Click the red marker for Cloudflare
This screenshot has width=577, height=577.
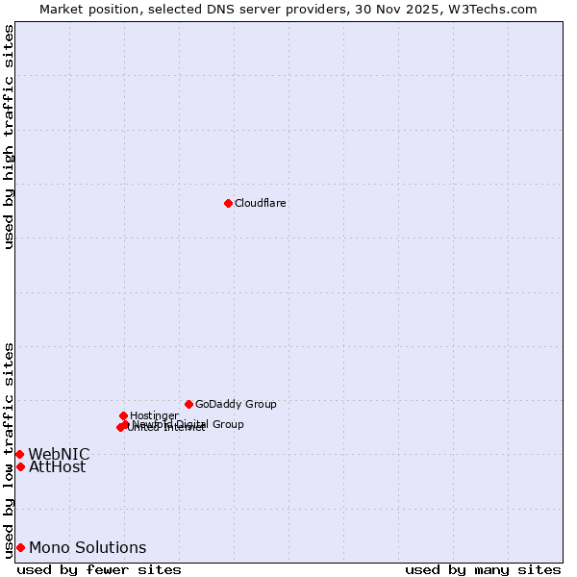[x=228, y=203]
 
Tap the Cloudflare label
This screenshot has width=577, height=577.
[x=260, y=203]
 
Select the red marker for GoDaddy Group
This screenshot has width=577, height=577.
[x=188, y=404]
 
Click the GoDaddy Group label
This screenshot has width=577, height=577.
[x=236, y=404]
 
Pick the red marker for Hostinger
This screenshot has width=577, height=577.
[x=123, y=415]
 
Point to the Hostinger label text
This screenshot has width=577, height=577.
[x=154, y=415]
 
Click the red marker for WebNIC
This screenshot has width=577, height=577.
[x=19, y=454]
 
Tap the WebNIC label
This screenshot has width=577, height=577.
[x=59, y=454]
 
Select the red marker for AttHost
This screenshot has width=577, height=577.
[x=20, y=466]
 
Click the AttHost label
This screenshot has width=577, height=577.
[x=57, y=467]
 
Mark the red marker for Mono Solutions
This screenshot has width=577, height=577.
[x=20, y=547]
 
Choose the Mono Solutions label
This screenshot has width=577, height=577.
[x=88, y=548]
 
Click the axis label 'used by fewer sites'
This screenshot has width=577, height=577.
[x=99, y=569]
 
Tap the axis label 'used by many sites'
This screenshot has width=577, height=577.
[x=483, y=569]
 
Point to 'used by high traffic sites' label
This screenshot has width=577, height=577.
[x=9, y=137]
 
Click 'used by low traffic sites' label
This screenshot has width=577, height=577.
[x=9, y=450]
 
